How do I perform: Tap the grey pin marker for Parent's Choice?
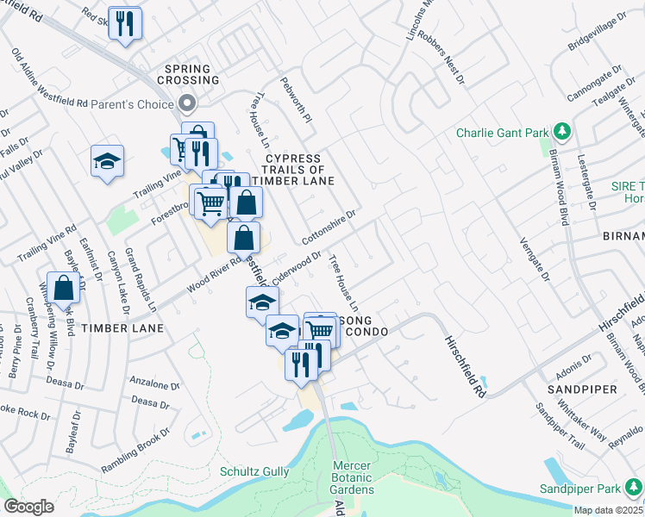pos(187,103)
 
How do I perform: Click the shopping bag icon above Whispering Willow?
pos(64,287)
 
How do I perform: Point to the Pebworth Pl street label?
pos(295,104)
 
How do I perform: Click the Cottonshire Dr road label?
pos(329,225)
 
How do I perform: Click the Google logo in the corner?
pos(29,507)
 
